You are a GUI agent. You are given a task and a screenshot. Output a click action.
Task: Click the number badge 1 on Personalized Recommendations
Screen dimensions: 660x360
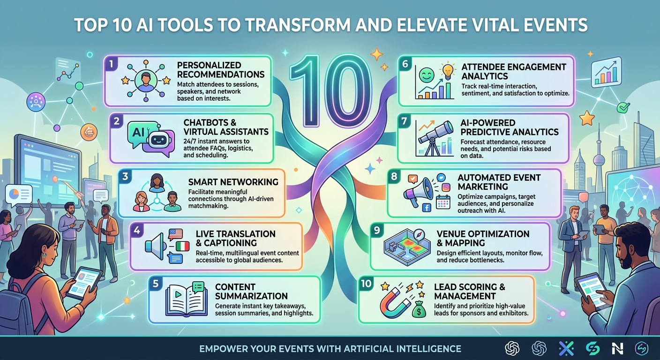tap(112, 64)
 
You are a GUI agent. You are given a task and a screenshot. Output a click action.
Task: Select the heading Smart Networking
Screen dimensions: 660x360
tap(233, 182)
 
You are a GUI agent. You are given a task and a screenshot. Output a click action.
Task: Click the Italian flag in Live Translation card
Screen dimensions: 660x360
tap(183, 246)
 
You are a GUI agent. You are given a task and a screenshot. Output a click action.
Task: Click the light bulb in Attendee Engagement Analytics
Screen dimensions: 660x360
tap(447, 71)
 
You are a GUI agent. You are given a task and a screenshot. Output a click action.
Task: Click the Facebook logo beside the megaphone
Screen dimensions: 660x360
tap(427, 208)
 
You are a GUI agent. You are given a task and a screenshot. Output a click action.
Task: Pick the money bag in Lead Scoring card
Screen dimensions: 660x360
tap(419, 309)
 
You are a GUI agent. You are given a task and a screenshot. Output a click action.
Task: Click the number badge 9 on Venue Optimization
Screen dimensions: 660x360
tap(377, 230)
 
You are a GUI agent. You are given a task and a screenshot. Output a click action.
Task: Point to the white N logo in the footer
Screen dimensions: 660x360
tap(617, 349)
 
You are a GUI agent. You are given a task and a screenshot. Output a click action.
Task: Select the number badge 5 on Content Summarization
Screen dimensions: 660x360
tap(156, 284)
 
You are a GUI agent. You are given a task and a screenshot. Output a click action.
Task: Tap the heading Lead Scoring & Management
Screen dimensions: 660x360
tap(469, 291)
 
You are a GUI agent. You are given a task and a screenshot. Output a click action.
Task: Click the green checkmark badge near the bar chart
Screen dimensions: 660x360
tap(623, 107)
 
